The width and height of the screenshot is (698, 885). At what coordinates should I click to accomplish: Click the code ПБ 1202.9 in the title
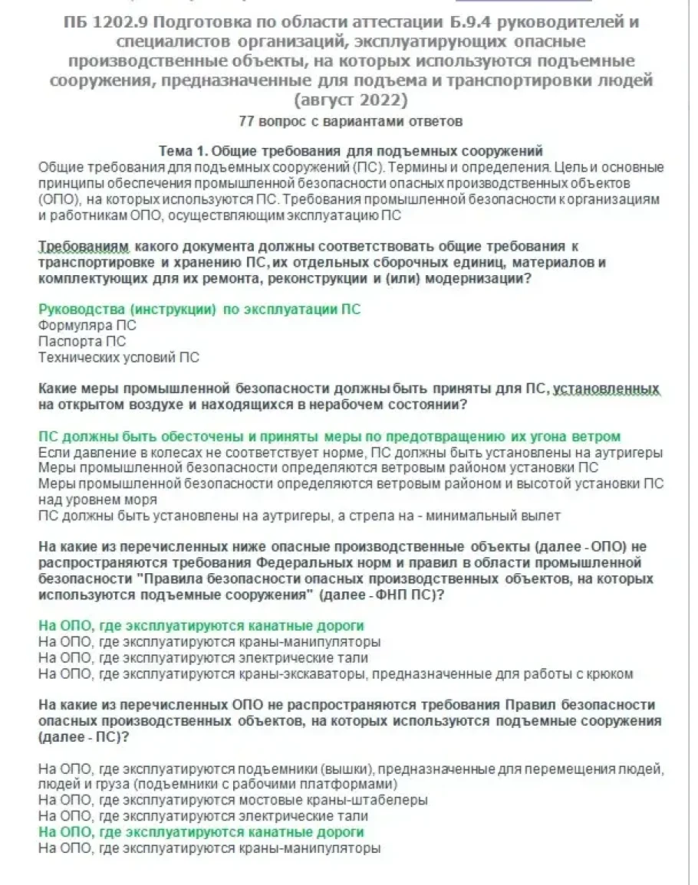pos(101,22)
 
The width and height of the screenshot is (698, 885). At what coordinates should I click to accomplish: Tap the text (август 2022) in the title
pos(349,100)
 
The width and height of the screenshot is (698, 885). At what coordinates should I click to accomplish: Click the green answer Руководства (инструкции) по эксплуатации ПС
pos(199,309)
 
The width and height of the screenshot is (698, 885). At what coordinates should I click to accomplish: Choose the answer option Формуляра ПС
pos(87,325)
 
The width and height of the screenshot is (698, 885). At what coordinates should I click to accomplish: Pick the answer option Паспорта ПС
pos(82,341)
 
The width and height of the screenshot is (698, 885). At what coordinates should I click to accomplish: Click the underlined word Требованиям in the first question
pos(84,247)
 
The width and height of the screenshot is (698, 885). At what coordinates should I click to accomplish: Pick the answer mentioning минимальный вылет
pos(299,515)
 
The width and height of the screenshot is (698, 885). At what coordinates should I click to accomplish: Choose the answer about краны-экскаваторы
pos(335,674)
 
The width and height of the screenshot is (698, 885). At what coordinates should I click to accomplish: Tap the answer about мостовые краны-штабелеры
pos(232,799)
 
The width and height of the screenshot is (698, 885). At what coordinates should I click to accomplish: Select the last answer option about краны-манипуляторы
pos(209,847)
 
